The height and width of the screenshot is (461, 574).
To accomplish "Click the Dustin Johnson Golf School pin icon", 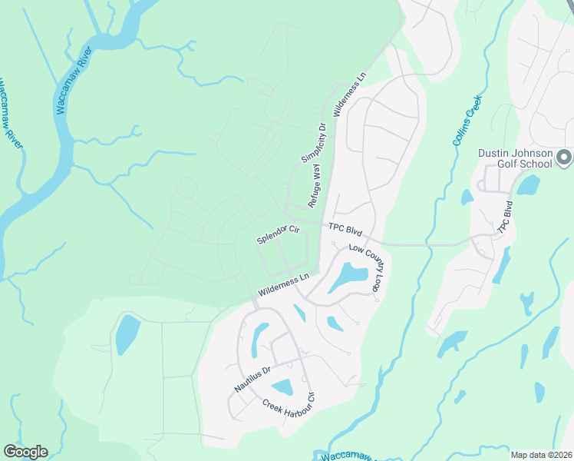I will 564,158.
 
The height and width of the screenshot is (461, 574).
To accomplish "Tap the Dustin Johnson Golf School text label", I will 515,158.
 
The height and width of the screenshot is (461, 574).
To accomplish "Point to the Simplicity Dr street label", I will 314,143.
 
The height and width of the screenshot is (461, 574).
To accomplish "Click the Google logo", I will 25,452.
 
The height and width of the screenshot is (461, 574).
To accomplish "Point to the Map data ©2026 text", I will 541,455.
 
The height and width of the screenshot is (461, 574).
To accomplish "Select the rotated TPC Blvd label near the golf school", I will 505,217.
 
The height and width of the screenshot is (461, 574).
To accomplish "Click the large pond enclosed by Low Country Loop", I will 348,277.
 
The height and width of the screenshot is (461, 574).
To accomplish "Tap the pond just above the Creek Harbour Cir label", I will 282,387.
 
